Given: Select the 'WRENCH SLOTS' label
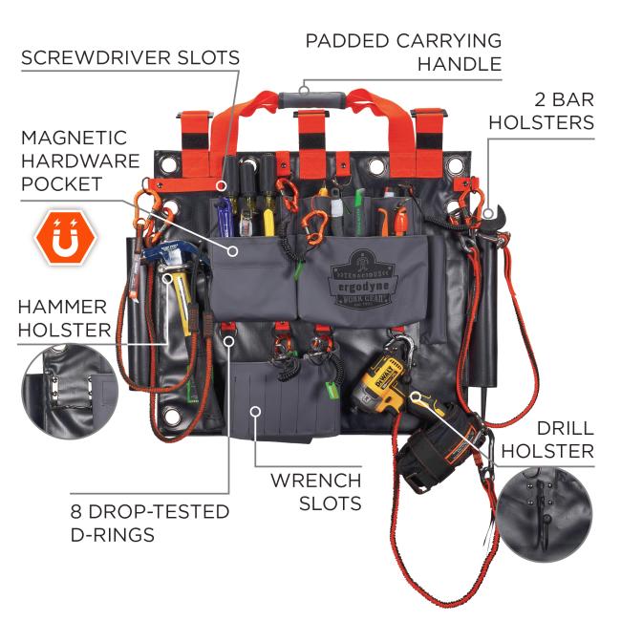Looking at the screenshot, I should click(x=314, y=491).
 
